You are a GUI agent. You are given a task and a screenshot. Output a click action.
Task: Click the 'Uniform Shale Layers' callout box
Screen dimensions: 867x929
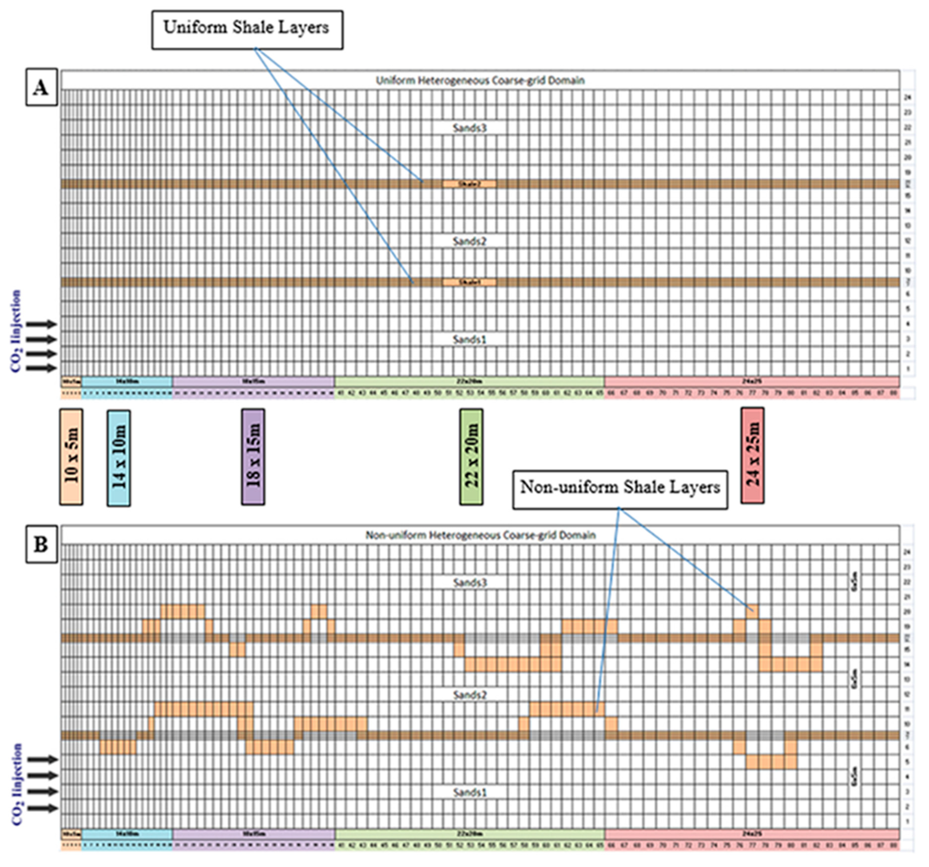click(247, 29)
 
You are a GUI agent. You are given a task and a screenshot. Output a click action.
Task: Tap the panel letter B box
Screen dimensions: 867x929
click(41, 544)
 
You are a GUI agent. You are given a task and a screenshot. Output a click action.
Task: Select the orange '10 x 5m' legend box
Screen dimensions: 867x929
click(72, 457)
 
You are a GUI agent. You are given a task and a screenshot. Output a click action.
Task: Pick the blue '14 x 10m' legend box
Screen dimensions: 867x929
click(119, 458)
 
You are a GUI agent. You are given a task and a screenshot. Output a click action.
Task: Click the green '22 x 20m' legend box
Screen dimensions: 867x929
click(471, 457)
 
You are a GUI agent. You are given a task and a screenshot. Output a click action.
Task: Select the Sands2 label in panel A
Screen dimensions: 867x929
click(470, 241)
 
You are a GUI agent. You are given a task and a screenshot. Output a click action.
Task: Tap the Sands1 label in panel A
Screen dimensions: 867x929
click(470, 339)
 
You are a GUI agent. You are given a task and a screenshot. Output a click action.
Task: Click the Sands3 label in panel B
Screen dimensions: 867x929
click(470, 582)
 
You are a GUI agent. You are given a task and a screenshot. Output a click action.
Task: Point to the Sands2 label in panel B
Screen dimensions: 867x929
click(470, 695)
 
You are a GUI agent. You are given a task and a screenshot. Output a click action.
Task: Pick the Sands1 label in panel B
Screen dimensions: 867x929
click(470, 792)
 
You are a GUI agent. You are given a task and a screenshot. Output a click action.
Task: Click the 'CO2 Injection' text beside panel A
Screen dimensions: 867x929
click(17, 331)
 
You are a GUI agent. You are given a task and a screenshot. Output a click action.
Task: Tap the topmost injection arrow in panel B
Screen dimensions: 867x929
click(42, 760)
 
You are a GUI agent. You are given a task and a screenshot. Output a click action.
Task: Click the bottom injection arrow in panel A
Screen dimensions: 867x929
click(42, 368)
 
